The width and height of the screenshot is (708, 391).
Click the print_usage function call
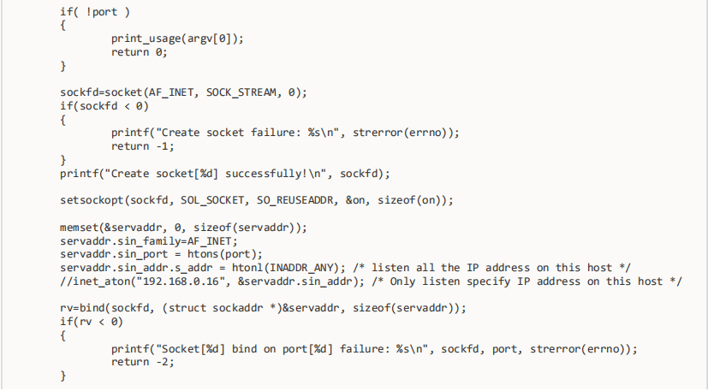(x=148, y=39)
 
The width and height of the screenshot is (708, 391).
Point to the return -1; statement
(x=142, y=145)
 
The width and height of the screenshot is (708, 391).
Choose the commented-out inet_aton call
(x=95, y=281)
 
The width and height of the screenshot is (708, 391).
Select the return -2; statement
(x=142, y=362)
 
